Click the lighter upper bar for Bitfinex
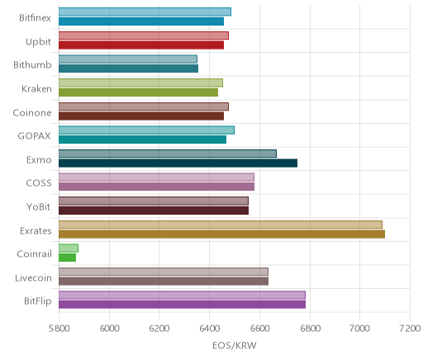145,12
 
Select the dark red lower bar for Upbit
141,45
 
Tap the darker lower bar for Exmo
178,163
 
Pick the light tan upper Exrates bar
221,225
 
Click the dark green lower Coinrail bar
67,258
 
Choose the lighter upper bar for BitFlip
182,296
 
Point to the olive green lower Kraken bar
138,92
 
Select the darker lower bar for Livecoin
164,282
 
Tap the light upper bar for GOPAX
146,130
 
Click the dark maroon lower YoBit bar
154,211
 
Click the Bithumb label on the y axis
32,65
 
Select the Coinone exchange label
32,113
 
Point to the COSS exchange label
39,183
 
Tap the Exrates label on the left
36,230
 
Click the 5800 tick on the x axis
59,329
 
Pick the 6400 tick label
210,329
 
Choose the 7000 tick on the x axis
359,329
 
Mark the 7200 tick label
410,329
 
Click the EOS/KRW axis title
235,345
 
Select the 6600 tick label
259,329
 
